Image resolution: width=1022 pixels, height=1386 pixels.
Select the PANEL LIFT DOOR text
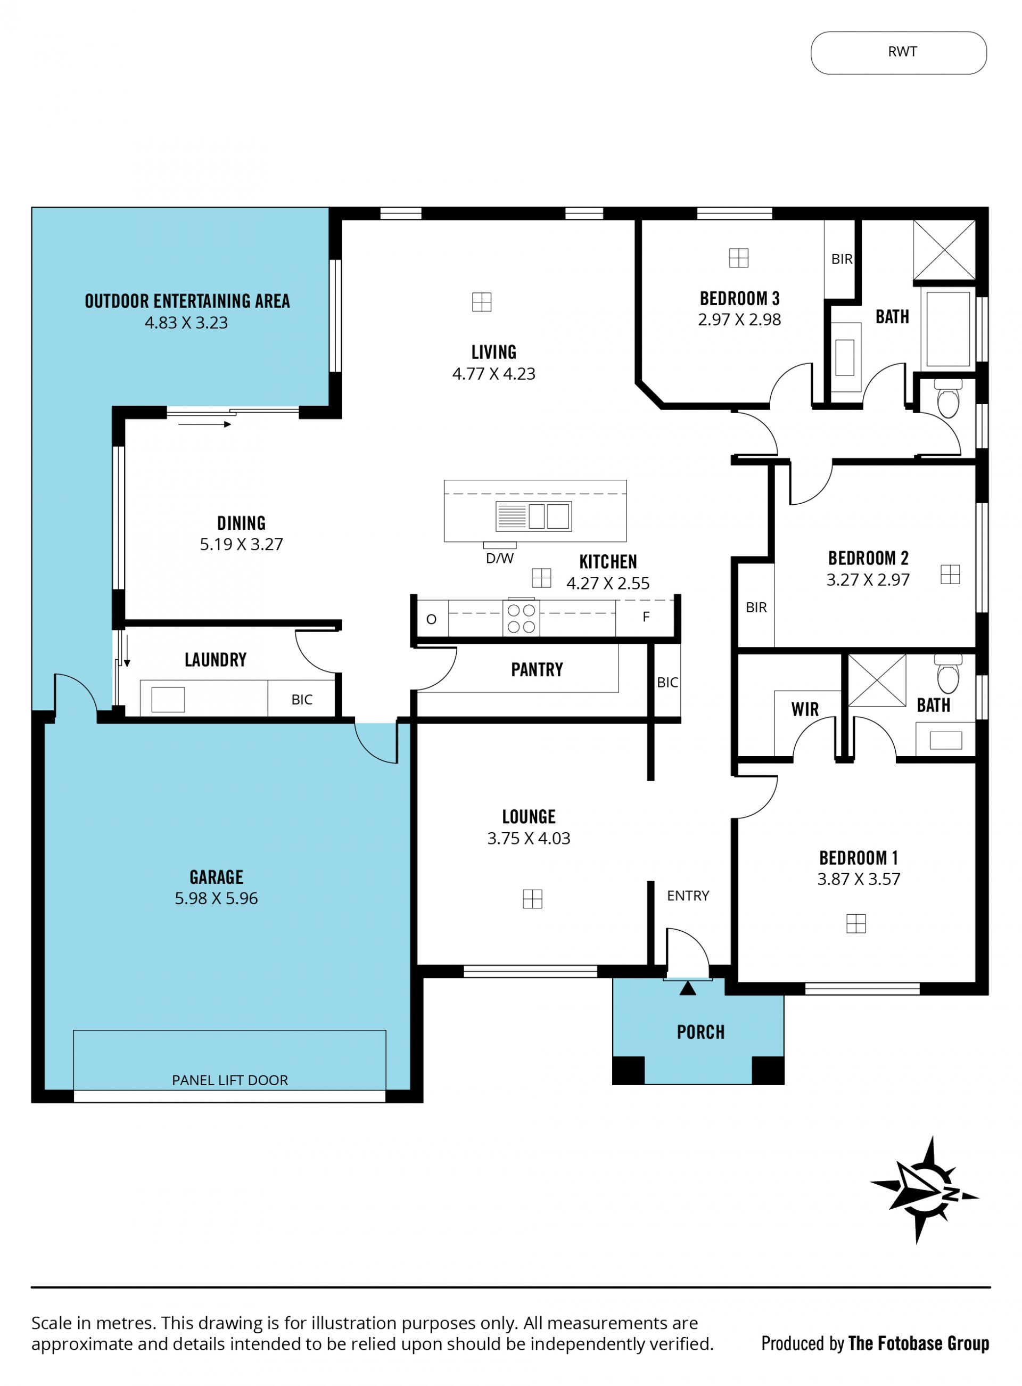229,1080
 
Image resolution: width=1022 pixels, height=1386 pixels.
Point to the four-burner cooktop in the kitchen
521,618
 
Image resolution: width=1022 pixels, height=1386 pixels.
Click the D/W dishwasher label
499,559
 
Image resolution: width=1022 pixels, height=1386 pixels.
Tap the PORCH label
700,1032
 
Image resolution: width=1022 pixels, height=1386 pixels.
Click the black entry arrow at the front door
687,988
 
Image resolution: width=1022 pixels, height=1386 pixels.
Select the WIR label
805,710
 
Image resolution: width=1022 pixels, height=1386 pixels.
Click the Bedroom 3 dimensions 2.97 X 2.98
739,320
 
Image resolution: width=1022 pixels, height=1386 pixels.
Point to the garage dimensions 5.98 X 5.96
216,898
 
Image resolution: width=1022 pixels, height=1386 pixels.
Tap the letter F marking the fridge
646,617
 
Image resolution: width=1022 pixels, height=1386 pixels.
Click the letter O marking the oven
431,619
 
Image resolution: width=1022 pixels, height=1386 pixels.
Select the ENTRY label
688,896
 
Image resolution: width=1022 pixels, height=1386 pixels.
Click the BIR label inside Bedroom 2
756,608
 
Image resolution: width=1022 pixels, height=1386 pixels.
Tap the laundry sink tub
168,700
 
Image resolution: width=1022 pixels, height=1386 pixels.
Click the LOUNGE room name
529,817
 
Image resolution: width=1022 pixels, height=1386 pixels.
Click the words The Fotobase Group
919,1343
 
